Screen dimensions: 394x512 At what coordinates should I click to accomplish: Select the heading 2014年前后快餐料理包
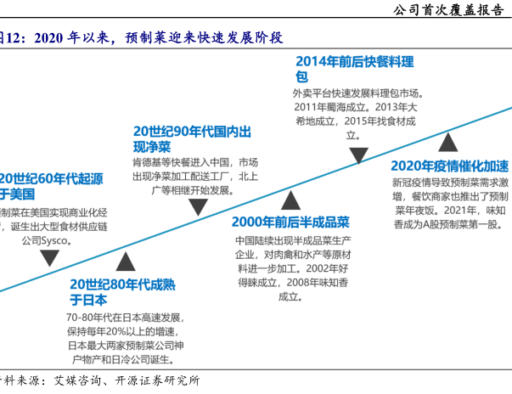tap(354, 68)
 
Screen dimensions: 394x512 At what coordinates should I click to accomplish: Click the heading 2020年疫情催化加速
tap(449, 166)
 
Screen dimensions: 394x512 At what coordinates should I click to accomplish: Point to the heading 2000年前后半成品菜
tap(290, 222)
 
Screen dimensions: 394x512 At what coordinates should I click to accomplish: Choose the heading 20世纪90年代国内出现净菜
tap(192, 138)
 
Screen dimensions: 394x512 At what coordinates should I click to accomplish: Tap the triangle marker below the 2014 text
tap(358, 155)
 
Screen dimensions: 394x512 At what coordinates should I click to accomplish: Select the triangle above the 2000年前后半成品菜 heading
tap(290, 200)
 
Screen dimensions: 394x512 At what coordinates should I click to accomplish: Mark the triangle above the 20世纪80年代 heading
tap(126, 262)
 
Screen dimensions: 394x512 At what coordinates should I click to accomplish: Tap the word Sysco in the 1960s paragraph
tap(55, 240)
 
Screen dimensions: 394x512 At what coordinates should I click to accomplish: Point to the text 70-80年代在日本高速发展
tap(125, 318)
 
